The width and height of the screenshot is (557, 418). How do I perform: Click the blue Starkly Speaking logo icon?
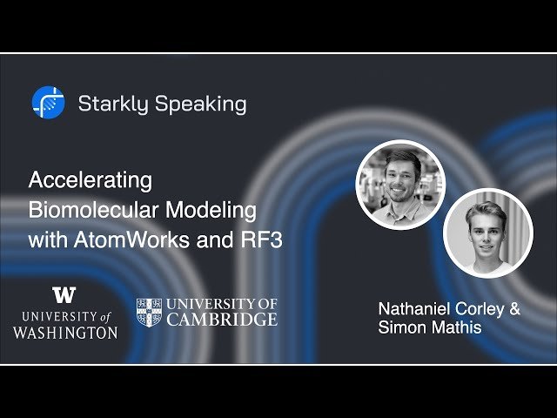[x=48, y=103]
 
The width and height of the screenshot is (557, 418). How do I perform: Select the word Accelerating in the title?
[x=91, y=180]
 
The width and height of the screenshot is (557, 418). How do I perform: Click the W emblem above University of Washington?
[x=64, y=294]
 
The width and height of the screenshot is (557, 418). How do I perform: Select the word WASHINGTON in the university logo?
[x=65, y=332]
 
